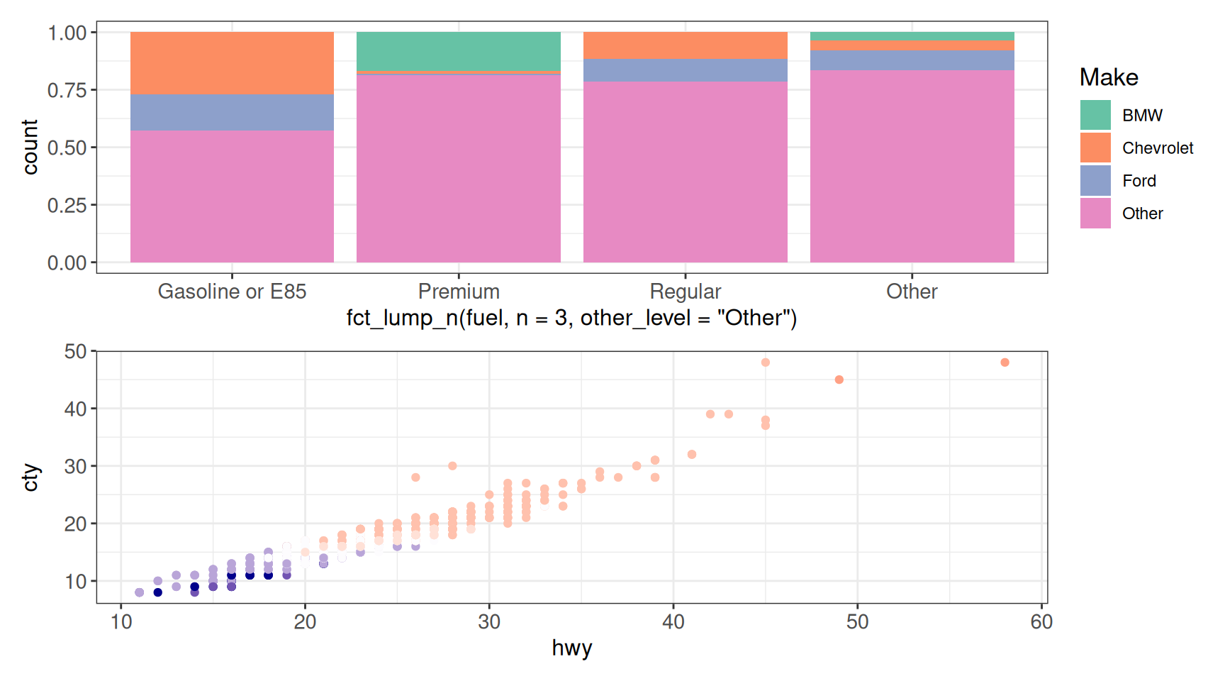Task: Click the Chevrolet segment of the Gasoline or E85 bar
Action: click(x=232, y=63)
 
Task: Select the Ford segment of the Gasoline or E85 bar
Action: click(x=232, y=112)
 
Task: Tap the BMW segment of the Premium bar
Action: click(x=459, y=51)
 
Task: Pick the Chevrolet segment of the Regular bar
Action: click(x=686, y=45)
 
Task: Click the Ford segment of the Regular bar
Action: click(x=686, y=70)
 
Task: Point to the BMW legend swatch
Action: click(x=1095, y=115)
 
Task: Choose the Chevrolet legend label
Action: click(x=1158, y=148)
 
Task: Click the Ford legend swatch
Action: click(x=1095, y=180)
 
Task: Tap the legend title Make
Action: click(x=1109, y=77)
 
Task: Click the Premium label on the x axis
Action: click(x=459, y=292)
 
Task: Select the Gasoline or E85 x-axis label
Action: click(x=232, y=292)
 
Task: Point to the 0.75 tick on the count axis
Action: click(x=67, y=90)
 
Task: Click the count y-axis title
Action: click(x=30, y=147)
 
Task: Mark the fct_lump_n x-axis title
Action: click(x=571, y=318)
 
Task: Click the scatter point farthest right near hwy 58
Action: click(x=1005, y=362)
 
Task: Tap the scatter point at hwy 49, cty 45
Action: click(x=839, y=380)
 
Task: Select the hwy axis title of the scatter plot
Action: click(x=571, y=648)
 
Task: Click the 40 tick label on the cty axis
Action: click(x=75, y=409)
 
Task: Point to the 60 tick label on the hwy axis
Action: click(x=1041, y=622)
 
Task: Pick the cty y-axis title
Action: click(x=30, y=477)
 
